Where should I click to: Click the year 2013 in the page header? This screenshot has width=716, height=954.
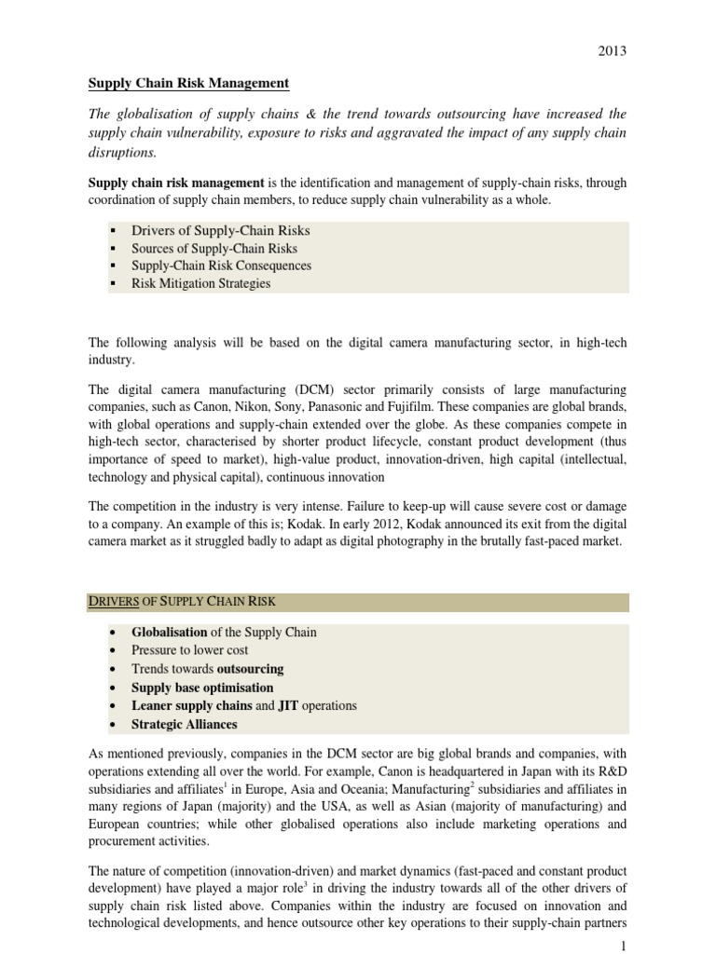tap(612, 50)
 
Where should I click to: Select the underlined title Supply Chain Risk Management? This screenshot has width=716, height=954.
tap(188, 84)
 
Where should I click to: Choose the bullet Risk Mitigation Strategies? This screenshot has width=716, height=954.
tap(200, 283)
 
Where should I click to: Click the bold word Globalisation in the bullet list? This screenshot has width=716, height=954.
tap(169, 632)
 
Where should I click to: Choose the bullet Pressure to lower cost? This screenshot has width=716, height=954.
tap(190, 650)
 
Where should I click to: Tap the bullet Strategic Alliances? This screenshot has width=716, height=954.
tap(184, 724)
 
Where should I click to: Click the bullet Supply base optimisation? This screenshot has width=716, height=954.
tap(202, 688)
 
